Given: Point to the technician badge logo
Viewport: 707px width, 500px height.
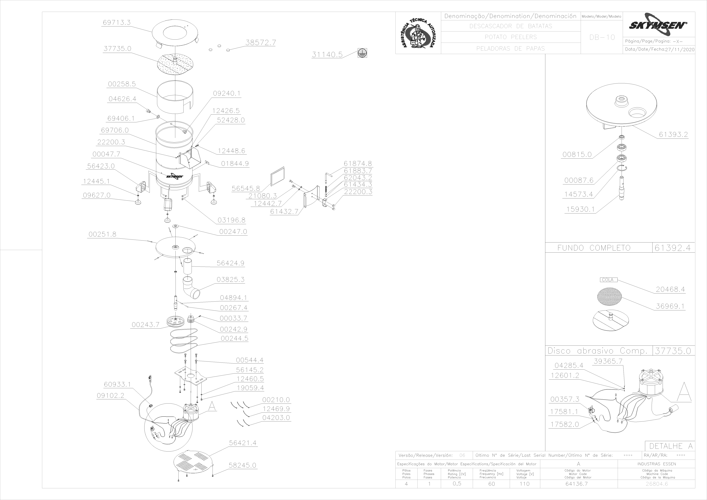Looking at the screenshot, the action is [x=418, y=33].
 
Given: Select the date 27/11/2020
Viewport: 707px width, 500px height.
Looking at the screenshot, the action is [x=680, y=50].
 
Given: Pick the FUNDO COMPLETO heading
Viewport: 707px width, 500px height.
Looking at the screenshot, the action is [x=594, y=248].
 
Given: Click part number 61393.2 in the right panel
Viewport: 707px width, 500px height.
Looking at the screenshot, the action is [x=673, y=135].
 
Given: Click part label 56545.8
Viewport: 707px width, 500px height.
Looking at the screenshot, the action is [x=246, y=188].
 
